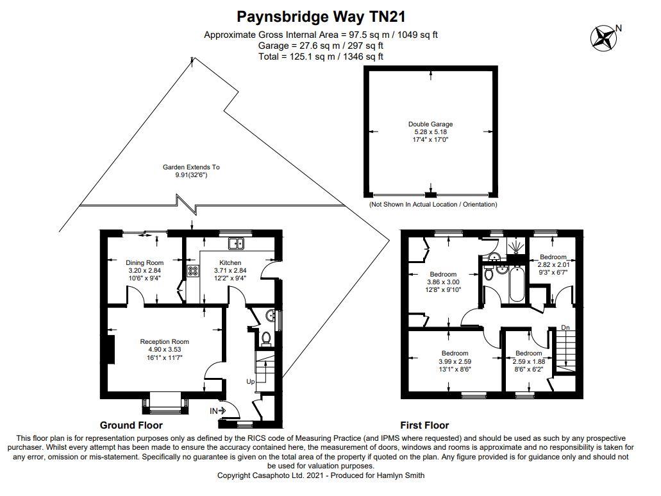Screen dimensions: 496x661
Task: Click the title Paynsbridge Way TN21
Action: click(x=321, y=15)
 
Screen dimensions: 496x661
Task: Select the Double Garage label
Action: click(x=430, y=124)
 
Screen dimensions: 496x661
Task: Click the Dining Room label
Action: click(x=144, y=262)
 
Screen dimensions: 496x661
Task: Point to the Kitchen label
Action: click(x=230, y=263)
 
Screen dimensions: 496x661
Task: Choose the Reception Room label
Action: click(x=165, y=341)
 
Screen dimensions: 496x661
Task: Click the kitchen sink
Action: click(x=237, y=243)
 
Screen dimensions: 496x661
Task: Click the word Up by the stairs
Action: click(x=251, y=382)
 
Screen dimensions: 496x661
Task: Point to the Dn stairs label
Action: click(x=565, y=328)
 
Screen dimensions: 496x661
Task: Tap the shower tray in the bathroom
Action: click(x=515, y=246)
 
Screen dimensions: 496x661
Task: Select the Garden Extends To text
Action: click(x=191, y=167)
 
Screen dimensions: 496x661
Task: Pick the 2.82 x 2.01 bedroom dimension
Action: click(x=553, y=264)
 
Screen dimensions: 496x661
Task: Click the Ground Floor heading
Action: click(x=131, y=425)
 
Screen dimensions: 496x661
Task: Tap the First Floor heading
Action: click(x=424, y=425)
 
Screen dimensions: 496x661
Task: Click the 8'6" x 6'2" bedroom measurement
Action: click(x=529, y=369)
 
